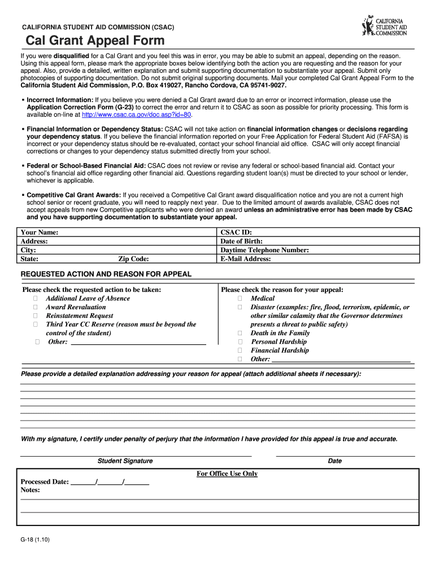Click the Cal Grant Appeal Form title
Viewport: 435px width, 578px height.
(95, 41)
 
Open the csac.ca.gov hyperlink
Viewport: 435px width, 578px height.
(137, 115)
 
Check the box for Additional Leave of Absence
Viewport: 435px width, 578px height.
(35, 299)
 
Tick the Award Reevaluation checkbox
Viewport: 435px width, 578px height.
(35, 307)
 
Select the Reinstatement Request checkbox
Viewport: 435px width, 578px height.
(35, 316)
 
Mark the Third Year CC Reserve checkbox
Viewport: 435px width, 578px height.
(35, 325)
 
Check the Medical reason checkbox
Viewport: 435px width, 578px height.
(240, 299)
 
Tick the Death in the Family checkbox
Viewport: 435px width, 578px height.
(240, 333)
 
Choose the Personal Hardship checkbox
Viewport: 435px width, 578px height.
(240, 342)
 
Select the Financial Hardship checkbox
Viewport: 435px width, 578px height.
(240, 351)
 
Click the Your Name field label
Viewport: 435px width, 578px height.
(40, 232)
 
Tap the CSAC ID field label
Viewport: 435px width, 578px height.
(236, 232)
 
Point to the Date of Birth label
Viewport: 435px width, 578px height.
(241, 241)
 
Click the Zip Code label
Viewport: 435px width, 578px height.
(133, 259)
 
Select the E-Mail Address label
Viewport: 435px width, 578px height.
(246, 259)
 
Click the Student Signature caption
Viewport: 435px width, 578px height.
(125, 461)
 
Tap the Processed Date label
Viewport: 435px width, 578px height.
(45, 481)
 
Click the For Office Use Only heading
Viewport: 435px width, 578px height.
(227, 474)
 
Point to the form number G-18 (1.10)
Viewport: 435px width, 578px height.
(36, 540)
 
